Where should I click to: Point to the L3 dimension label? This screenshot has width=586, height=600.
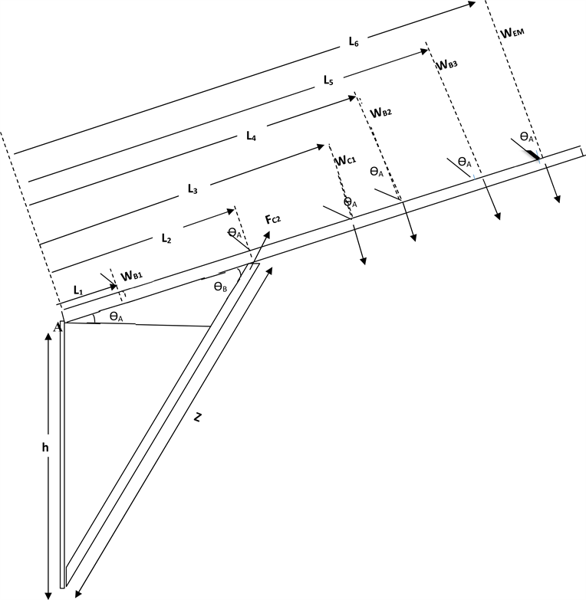tap(193, 186)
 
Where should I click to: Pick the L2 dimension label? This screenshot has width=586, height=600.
tap(166, 238)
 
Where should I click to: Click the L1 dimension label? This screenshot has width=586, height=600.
tap(77, 290)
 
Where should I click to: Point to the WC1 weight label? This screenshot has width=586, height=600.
tap(347, 162)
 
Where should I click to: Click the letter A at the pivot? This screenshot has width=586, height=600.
tap(57, 327)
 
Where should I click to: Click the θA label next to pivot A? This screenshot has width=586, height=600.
tap(117, 316)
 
